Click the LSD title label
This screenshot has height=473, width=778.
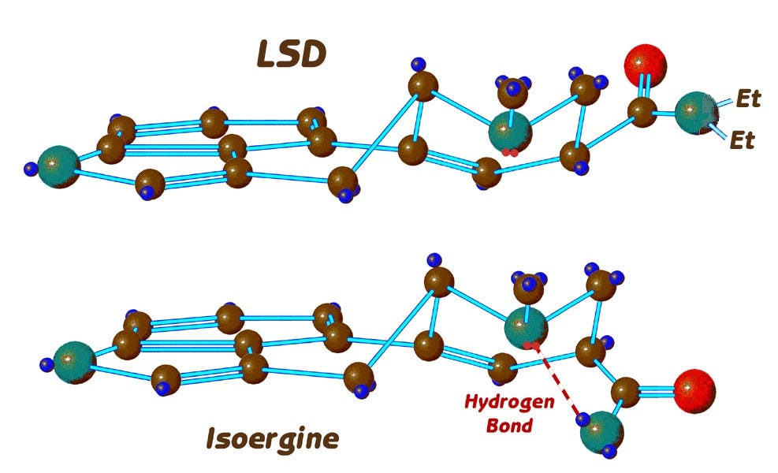291,54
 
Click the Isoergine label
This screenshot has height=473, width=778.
273,438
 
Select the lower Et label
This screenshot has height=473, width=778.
744,141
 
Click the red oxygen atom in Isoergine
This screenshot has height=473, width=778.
694,389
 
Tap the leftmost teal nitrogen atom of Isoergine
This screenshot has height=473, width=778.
74,362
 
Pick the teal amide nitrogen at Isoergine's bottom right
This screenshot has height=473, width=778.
601,430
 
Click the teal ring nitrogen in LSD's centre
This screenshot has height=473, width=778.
509,132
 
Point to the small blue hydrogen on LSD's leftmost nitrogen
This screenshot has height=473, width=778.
32,167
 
